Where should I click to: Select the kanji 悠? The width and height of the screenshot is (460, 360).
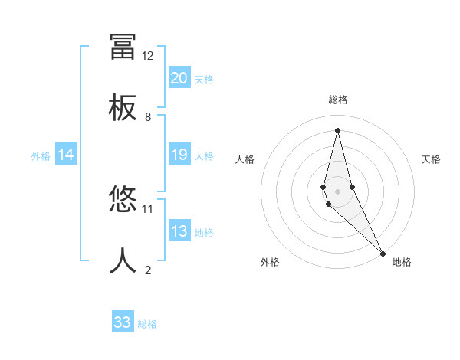coord(123,201)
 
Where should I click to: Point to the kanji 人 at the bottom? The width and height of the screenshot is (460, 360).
coord(123,261)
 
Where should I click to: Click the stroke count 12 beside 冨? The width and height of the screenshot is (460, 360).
coord(148,56)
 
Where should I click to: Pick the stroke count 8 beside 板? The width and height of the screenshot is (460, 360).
coord(148,116)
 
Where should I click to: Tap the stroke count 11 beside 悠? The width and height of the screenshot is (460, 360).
coord(148,208)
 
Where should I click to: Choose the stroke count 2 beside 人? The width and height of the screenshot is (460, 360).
coord(148,270)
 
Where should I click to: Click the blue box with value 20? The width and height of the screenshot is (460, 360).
coord(179,77)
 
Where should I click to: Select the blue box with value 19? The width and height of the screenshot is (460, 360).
coord(179,155)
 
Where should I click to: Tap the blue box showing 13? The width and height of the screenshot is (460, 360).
coord(179,231)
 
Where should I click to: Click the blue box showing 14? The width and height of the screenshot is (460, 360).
coord(66,155)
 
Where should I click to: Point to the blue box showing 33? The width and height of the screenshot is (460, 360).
coord(123,322)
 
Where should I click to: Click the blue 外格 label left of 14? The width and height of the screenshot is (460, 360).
coord(41,156)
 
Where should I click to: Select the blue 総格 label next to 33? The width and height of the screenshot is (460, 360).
coord(148,324)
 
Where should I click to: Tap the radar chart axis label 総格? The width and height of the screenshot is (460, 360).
coord(338,100)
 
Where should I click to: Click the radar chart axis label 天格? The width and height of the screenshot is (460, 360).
coord(431,159)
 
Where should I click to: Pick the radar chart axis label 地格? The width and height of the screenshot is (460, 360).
coord(402,262)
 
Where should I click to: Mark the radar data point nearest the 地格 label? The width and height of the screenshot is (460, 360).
coord(383,253)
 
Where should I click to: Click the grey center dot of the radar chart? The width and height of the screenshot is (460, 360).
coord(337,191)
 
